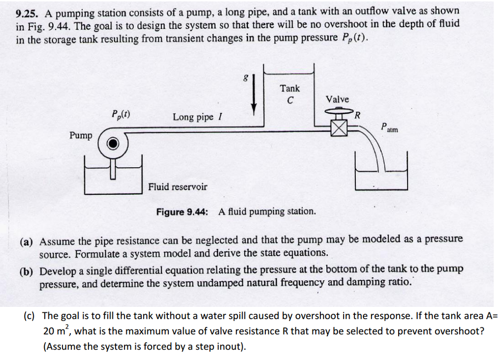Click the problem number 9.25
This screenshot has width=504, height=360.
pyautogui.click(x=28, y=11)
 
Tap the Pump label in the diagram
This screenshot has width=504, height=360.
pyautogui.click(x=80, y=135)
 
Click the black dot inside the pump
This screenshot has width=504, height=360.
pyautogui.click(x=113, y=143)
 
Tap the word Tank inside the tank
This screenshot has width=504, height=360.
pyautogui.click(x=289, y=89)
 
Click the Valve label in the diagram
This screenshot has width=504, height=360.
pyautogui.click(x=337, y=99)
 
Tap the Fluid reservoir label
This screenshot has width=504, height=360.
pyautogui.click(x=178, y=187)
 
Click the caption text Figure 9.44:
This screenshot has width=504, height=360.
pyautogui.click(x=182, y=212)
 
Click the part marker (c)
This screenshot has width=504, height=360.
pyautogui.click(x=31, y=316)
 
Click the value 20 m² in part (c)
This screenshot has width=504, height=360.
pyautogui.click(x=57, y=330)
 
